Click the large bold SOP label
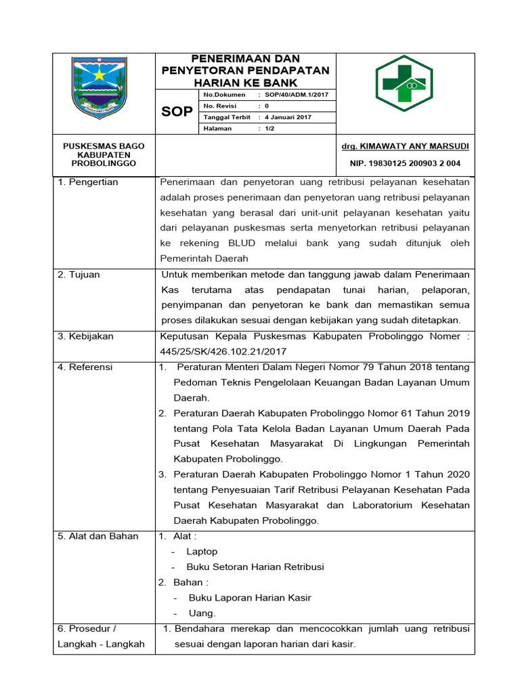(x=177, y=111)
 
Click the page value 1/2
(x=269, y=128)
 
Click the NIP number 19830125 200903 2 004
(x=405, y=163)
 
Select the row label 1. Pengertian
(x=87, y=182)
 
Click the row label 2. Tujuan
(x=79, y=274)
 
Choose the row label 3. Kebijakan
(x=85, y=336)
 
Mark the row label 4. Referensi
(x=85, y=367)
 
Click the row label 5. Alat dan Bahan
(x=97, y=536)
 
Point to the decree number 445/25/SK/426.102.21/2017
(x=223, y=352)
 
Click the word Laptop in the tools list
(x=202, y=552)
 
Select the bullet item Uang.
(x=202, y=613)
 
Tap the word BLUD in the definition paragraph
(x=242, y=243)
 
